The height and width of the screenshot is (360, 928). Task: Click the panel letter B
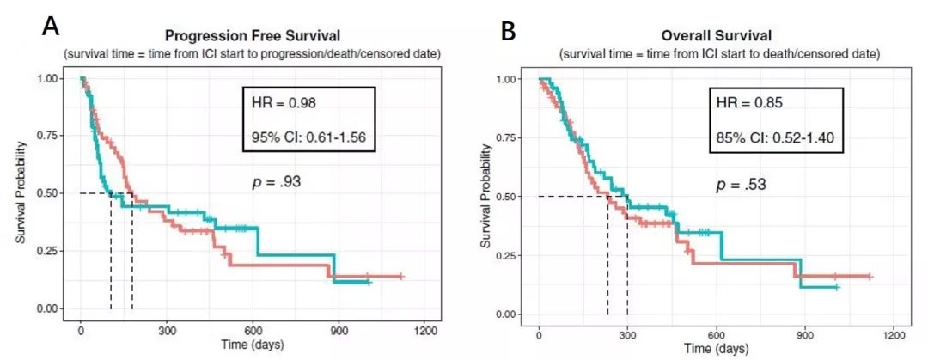click(508, 31)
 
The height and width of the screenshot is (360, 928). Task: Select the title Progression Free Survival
click(252, 36)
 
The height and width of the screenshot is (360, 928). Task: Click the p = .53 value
click(740, 186)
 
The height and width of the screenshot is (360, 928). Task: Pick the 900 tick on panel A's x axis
click(338, 330)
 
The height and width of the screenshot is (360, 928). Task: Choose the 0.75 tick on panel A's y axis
click(50, 136)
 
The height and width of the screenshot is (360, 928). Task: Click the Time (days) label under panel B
click(717, 350)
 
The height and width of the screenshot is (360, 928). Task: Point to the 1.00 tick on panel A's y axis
click(50, 78)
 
